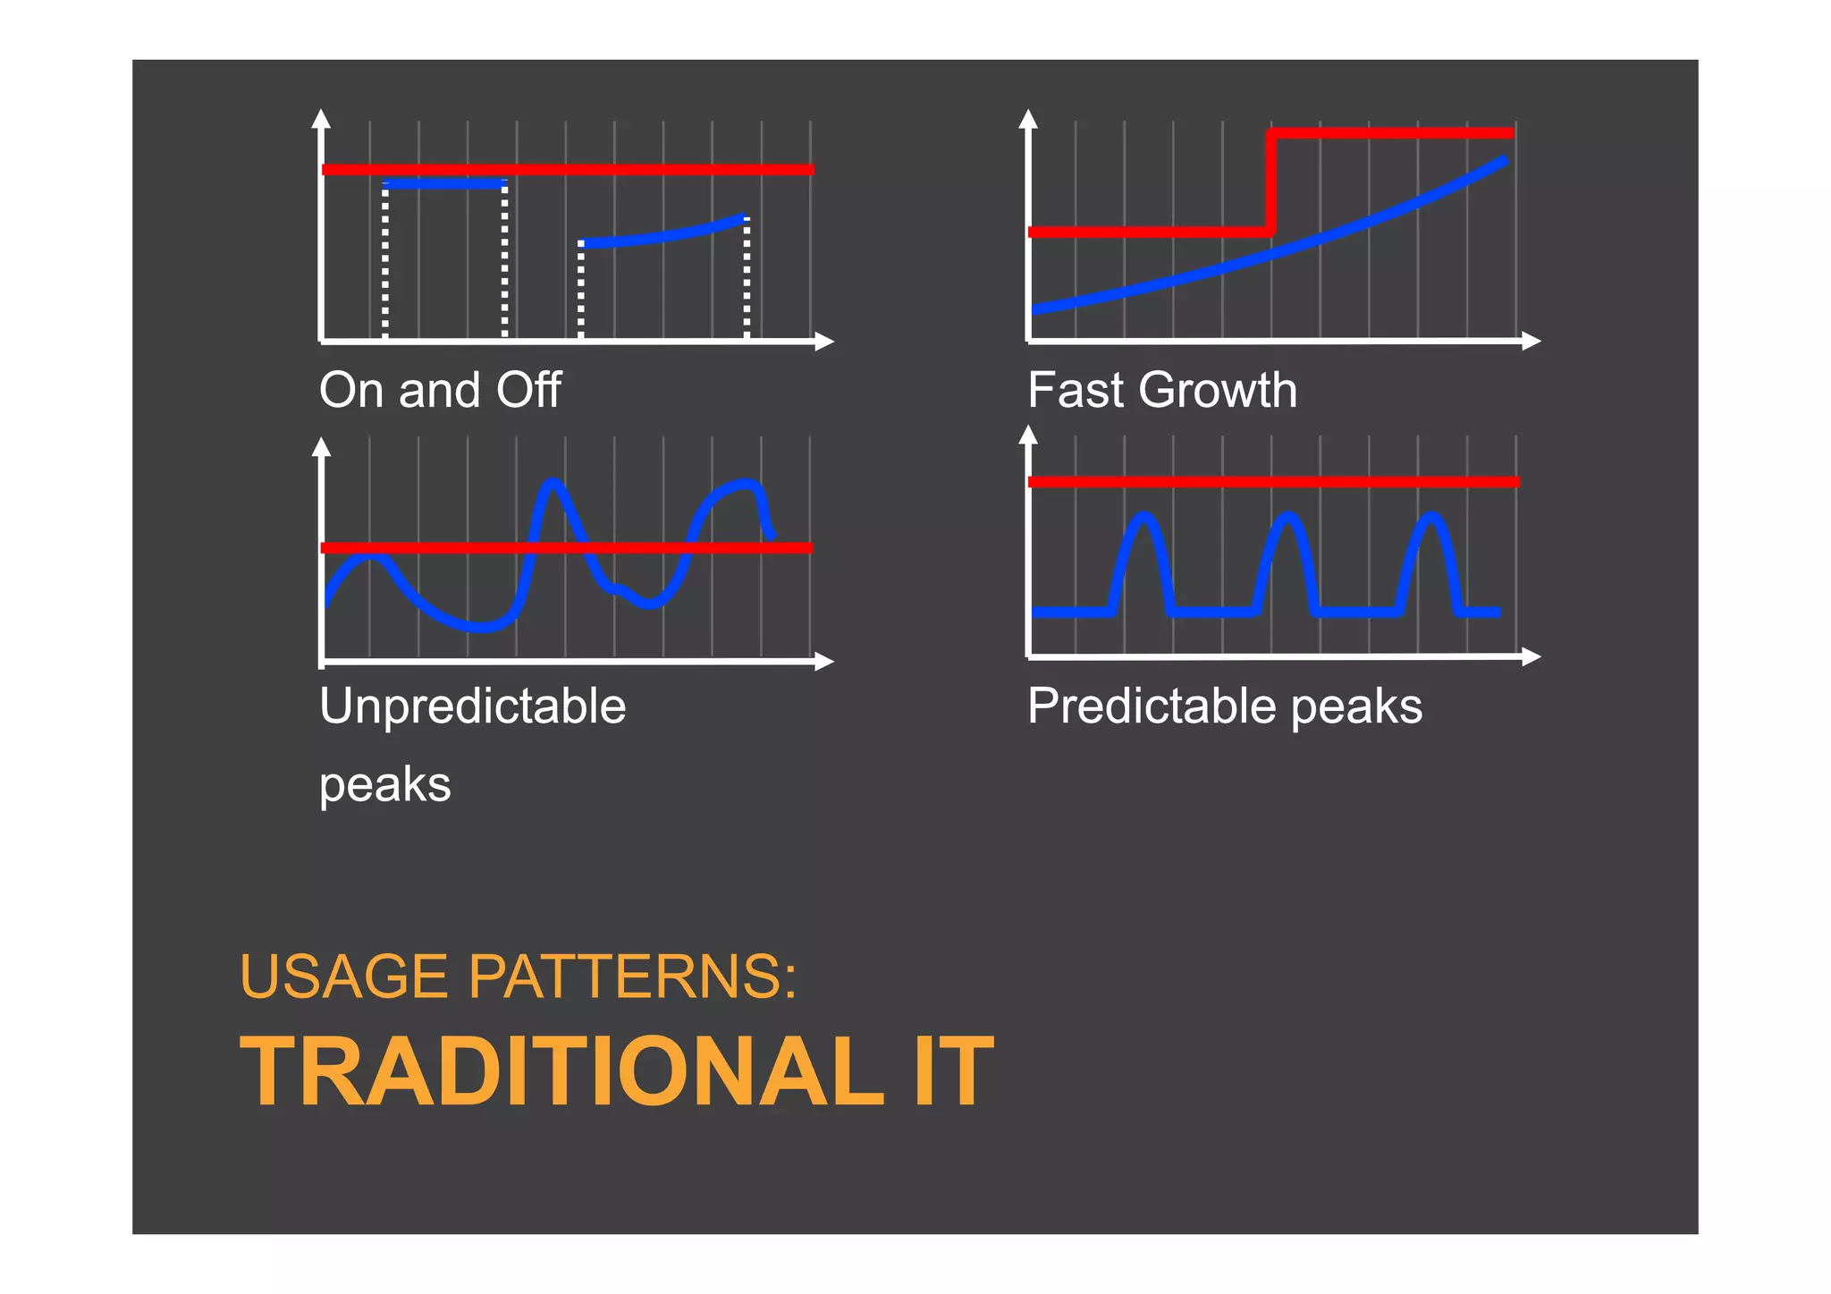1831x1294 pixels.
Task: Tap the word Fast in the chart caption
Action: pyautogui.click(x=1076, y=391)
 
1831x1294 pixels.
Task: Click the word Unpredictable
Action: pyautogui.click(x=472, y=706)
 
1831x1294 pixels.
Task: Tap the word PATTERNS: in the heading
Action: pyautogui.click(x=632, y=977)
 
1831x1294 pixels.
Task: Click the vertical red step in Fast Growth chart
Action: pyautogui.click(x=1270, y=183)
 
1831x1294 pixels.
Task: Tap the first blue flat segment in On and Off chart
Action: pyautogui.click(x=444, y=184)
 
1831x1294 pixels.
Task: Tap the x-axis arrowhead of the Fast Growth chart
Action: pyautogui.click(x=1531, y=342)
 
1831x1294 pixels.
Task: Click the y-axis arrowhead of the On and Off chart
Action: pyautogui.click(x=322, y=118)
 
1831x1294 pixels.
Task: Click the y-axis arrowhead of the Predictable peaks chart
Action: pyautogui.click(x=1028, y=435)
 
